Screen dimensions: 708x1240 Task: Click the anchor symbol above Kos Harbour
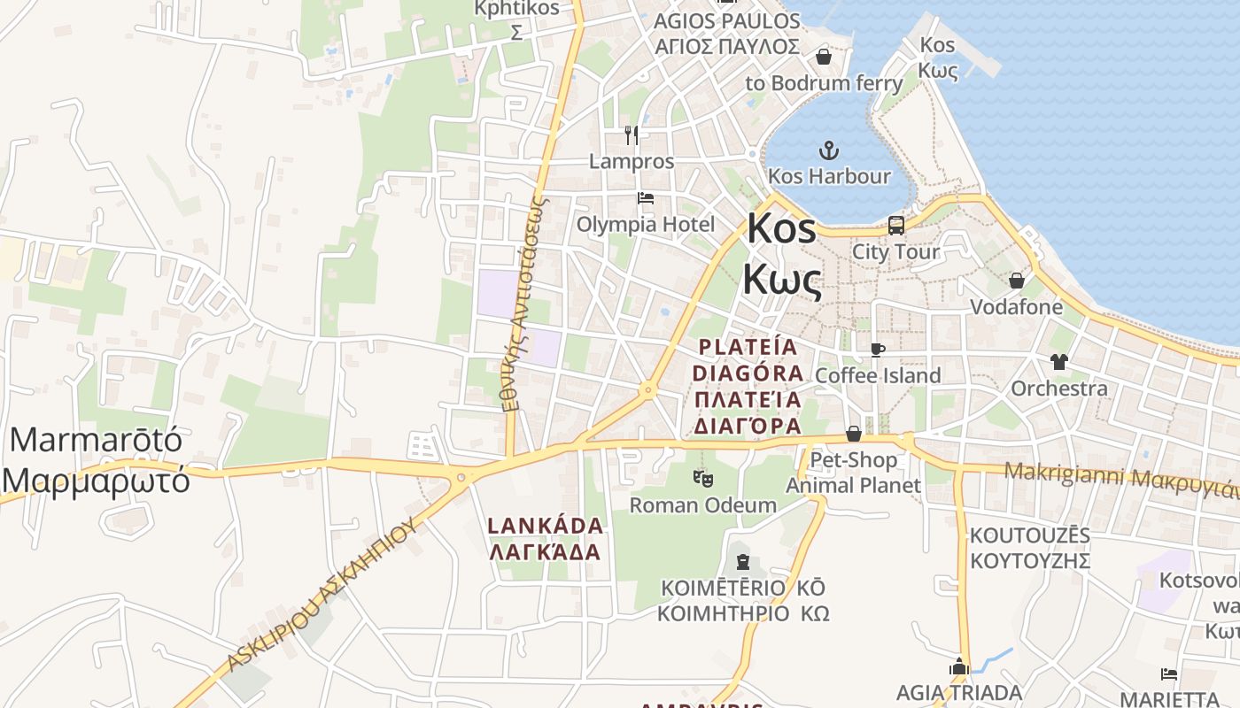point(829,150)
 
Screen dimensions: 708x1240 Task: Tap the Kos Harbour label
point(829,176)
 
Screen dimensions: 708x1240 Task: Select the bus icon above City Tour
point(895,226)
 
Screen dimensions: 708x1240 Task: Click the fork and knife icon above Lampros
point(631,135)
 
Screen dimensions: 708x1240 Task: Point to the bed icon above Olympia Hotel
point(646,198)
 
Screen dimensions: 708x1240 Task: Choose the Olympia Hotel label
point(646,224)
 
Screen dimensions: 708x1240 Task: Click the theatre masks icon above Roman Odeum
point(703,479)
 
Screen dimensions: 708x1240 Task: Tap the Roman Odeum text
point(703,505)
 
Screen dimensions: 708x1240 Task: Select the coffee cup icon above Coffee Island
point(877,350)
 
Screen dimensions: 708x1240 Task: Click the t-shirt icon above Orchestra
point(1058,361)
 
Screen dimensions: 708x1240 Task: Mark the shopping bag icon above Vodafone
point(1016,281)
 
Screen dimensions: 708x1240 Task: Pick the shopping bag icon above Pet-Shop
point(854,434)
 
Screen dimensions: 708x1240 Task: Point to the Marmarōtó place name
point(96,439)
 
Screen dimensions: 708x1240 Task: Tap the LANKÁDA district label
point(546,526)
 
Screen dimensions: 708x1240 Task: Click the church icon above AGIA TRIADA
point(959,667)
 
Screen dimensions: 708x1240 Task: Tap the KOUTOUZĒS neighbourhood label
point(1029,536)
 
